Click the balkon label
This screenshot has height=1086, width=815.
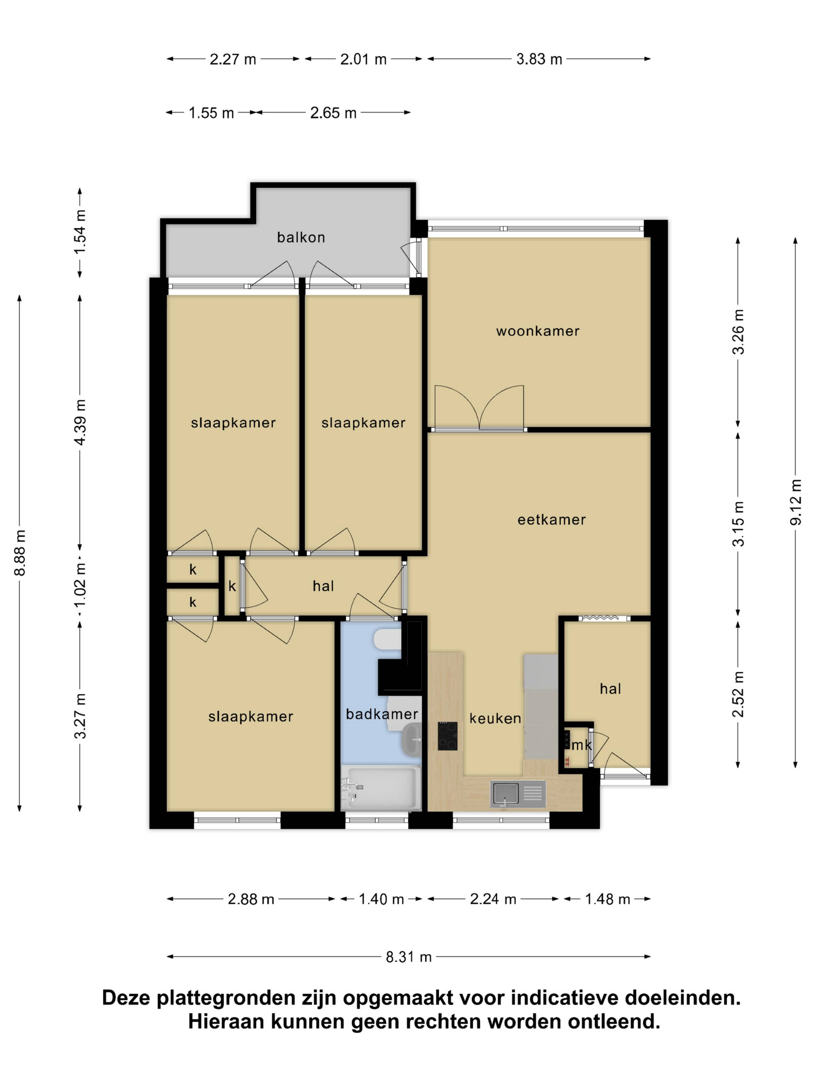(x=301, y=238)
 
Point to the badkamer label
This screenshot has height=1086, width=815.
(x=382, y=714)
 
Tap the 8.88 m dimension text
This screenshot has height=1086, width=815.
(x=20, y=552)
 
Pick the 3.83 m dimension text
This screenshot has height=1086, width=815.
(x=539, y=59)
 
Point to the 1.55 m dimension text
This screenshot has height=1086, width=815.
(x=211, y=113)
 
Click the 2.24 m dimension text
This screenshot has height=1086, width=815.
(x=493, y=899)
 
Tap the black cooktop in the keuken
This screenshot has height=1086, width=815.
(x=448, y=735)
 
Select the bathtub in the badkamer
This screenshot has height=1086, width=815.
(x=381, y=788)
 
